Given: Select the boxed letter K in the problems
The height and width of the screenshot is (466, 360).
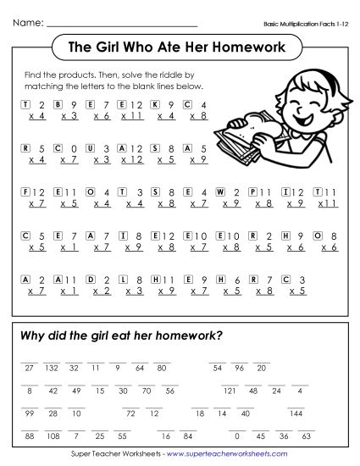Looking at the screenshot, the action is pyautogui.click(x=154, y=104).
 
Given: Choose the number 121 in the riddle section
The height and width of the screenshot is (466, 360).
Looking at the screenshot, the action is pyautogui.click(x=229, y=391).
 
